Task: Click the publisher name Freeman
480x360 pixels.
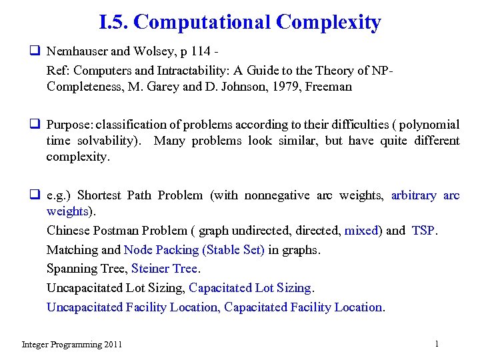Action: tap(329, 86)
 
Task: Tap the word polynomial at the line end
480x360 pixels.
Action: tap(431, 125)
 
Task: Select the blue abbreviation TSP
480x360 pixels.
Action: tap(423, 230)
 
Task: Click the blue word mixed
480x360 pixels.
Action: tap(361, 230)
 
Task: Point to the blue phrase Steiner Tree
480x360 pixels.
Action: tap(165, 269)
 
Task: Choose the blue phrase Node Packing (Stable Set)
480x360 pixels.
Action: tap(194, 249)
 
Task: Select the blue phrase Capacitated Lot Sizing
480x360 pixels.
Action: tap(250, 288)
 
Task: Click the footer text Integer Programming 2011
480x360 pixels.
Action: tap(72, 345)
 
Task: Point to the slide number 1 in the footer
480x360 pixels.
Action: tap(436, 344)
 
